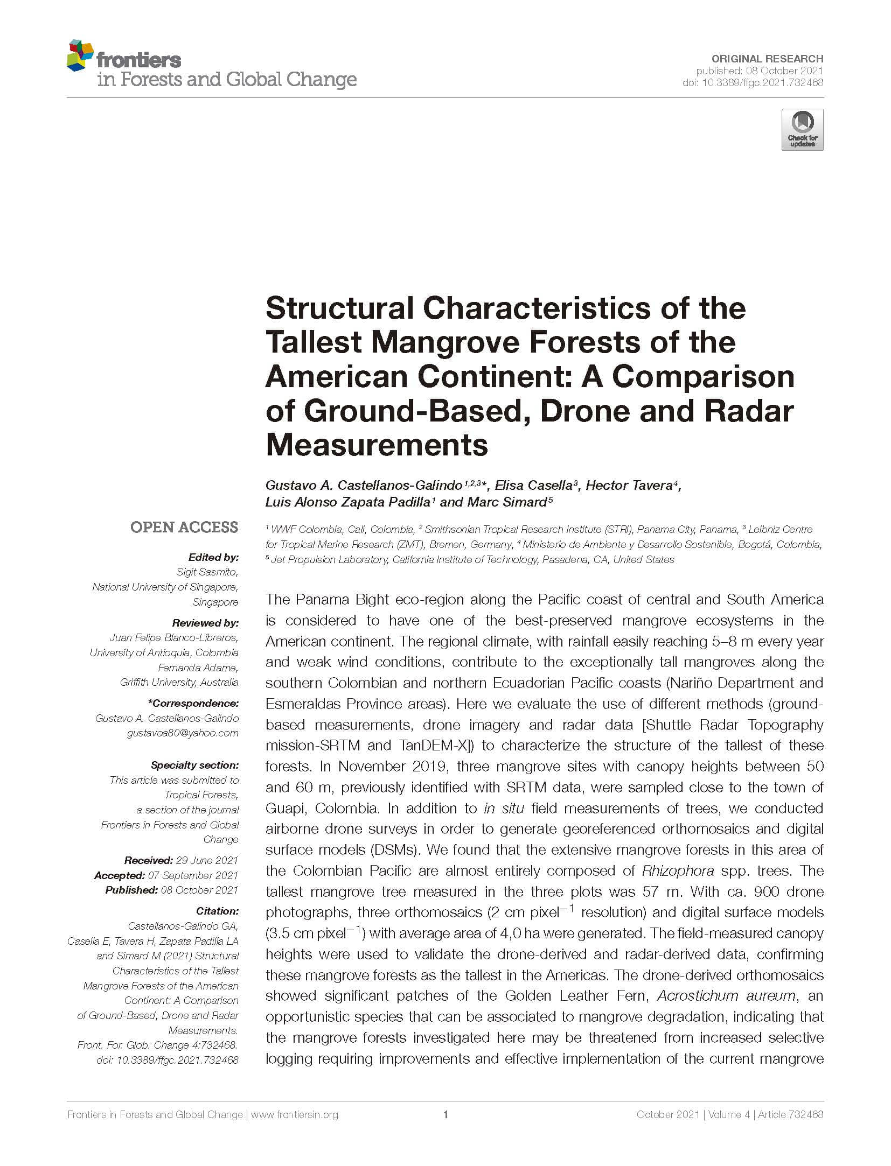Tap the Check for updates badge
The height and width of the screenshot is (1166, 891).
click(802, 130)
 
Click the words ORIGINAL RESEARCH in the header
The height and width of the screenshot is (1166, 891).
click(767, 59)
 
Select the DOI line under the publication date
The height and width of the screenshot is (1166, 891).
click(753, 82)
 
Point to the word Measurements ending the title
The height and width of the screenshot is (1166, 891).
click(377, 445)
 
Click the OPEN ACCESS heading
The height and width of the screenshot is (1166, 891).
click(184, 527)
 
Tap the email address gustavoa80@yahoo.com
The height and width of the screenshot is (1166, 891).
click(182, 733)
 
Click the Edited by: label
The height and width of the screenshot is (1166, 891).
click(213, 557)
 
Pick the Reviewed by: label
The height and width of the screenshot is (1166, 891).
click(205, 623)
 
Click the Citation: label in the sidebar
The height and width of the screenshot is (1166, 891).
click(218, 911)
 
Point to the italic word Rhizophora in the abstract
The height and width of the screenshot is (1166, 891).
click(678, 870)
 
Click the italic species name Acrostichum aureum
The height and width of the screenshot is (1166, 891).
click(726, 995)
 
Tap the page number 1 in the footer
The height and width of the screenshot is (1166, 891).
click(445, 1114)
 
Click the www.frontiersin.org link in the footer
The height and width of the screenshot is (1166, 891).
click(294, 1114)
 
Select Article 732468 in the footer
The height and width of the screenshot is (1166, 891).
click(790, 1114)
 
